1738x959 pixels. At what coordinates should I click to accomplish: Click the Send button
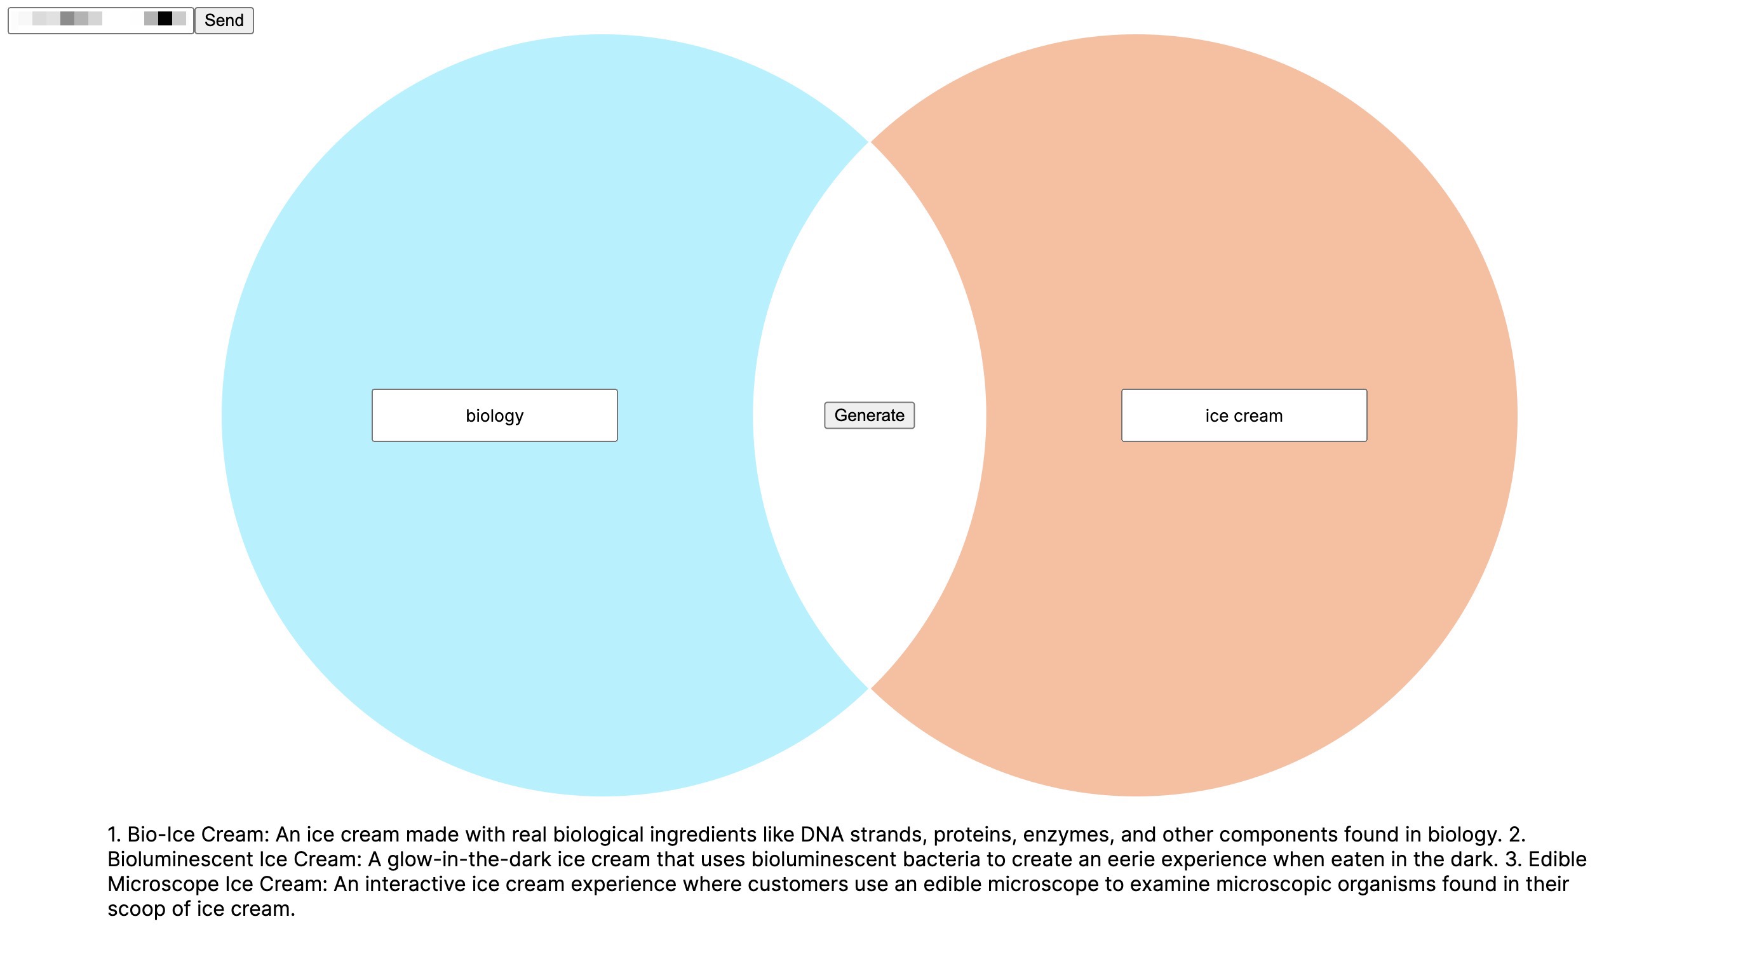[224, 20]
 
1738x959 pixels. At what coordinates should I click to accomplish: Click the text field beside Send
[100, 20]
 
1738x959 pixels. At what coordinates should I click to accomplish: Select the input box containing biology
[495, 415]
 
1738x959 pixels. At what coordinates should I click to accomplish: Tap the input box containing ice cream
[1244, 415]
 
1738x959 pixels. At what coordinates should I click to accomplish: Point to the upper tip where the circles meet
[869, 142]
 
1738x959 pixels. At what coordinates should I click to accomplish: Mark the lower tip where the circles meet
[869, 688]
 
